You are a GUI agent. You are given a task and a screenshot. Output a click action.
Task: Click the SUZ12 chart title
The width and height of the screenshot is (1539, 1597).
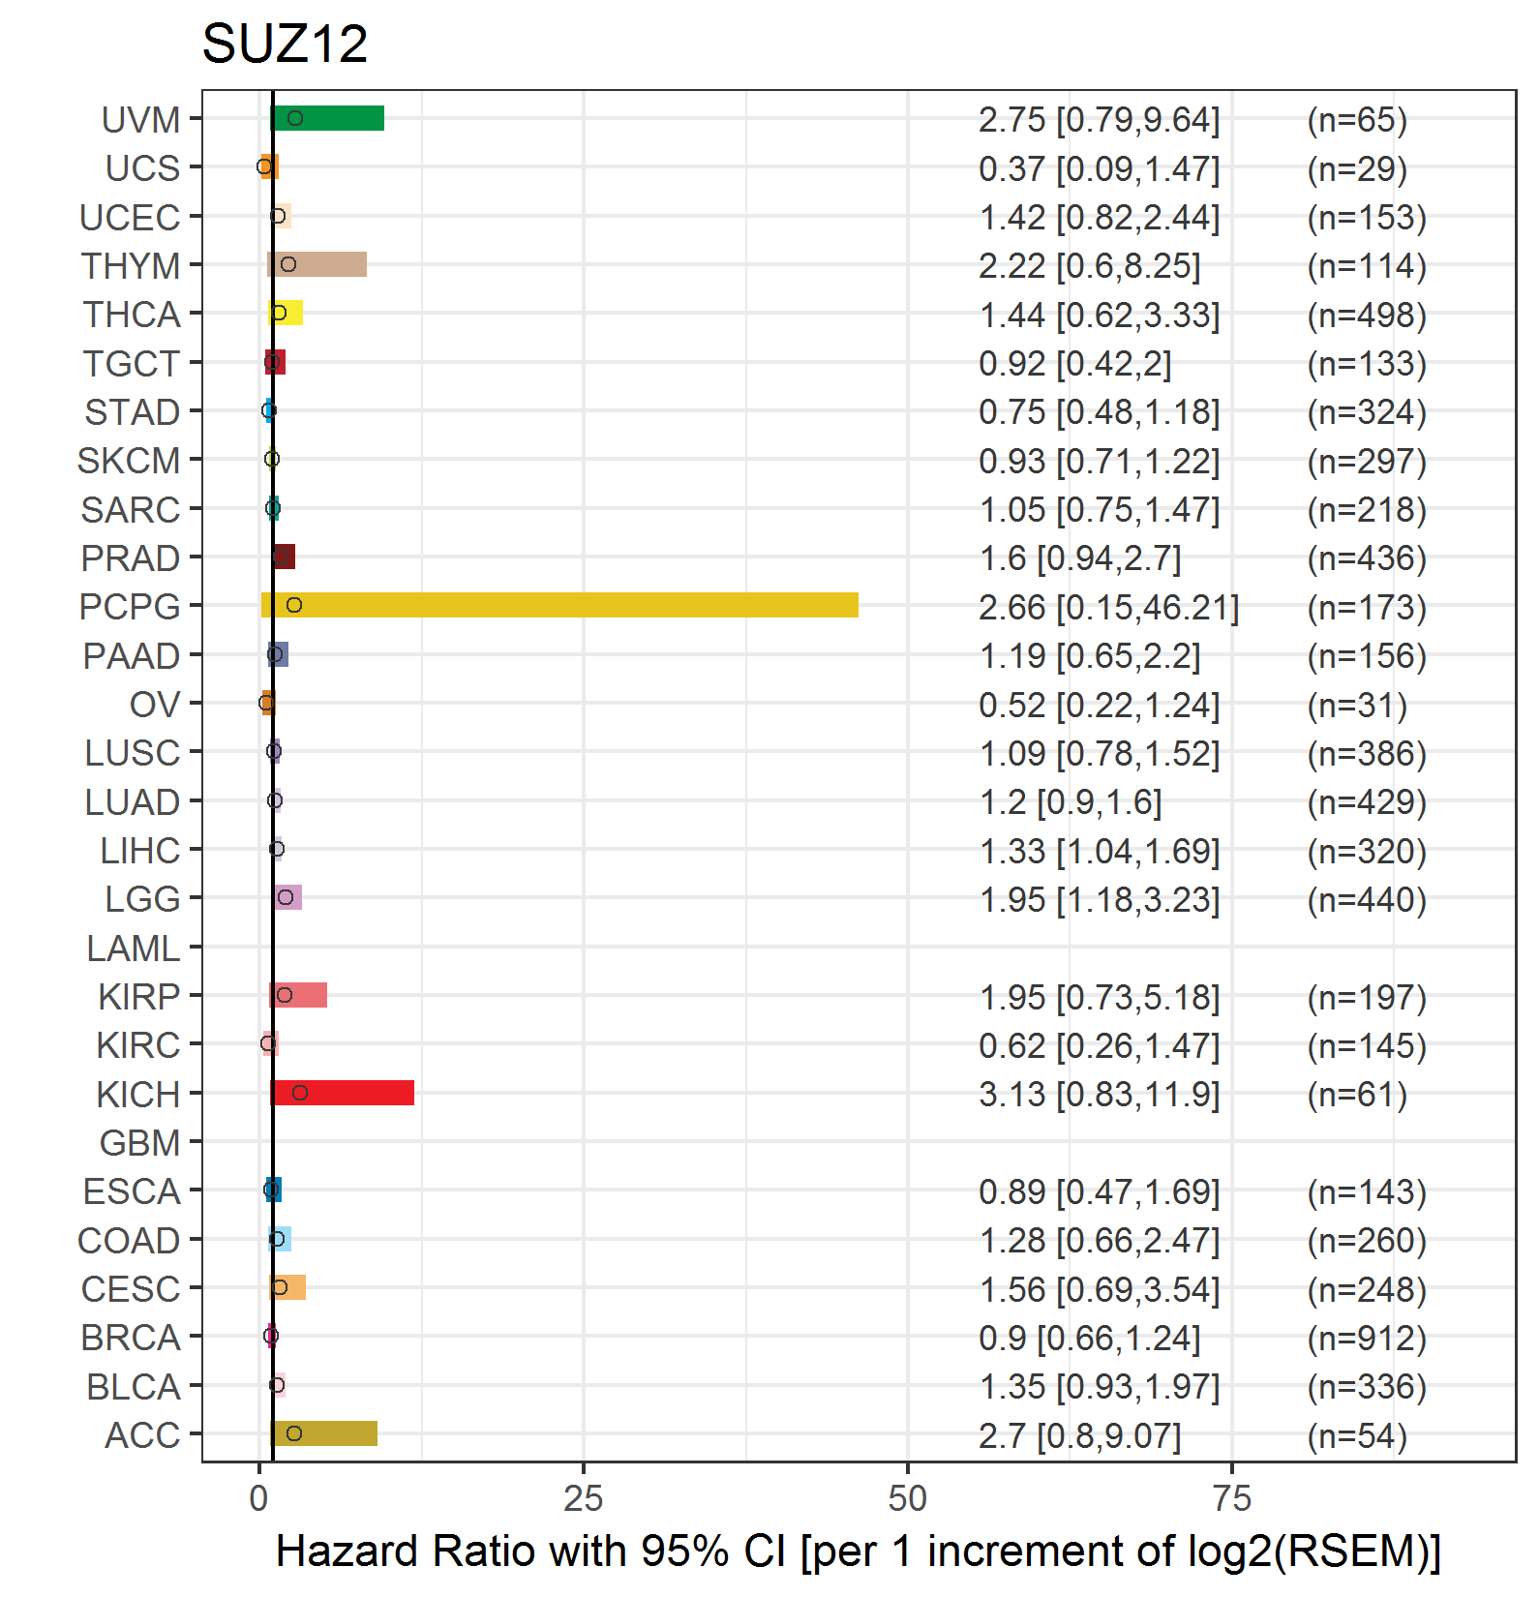click(x=285, y=44)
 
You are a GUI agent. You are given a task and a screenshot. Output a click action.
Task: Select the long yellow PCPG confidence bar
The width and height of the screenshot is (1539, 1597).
click(x=559, y=605)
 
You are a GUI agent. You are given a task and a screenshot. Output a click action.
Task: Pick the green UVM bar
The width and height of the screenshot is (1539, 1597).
click(x=327, y=118)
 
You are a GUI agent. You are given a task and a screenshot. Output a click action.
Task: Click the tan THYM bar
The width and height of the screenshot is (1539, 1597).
click(x=317, y=264)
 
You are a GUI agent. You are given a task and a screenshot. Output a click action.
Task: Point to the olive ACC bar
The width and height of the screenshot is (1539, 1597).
click(x=324, y=1433)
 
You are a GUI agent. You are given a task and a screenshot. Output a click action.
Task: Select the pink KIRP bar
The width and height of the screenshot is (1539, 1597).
click(x=298, y=995)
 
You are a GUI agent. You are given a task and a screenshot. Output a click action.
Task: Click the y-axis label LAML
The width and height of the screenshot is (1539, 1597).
click(x=134, y=949)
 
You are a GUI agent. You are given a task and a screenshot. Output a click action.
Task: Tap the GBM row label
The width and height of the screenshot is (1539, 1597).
click(x=140, y=1143)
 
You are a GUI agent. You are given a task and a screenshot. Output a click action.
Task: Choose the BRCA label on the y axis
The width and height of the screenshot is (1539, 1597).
click(x=131, y=1338)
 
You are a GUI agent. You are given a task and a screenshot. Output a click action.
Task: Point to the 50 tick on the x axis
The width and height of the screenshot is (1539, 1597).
click(x=907, y=1499)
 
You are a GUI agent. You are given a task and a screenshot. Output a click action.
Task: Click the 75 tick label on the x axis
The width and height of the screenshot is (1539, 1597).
click(x=1231, y=1499)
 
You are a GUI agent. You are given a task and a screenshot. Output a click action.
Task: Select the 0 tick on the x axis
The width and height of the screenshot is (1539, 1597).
click(x=258, y=1499)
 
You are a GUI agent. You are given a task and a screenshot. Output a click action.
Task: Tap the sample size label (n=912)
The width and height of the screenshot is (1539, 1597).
click(x=1367, y=1338)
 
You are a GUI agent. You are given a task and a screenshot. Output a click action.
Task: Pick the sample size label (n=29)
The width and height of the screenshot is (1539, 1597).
click(x=1357, y=168)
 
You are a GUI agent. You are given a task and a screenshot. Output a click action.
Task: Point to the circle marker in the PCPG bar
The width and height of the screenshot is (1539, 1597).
click(x=294, y=605)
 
